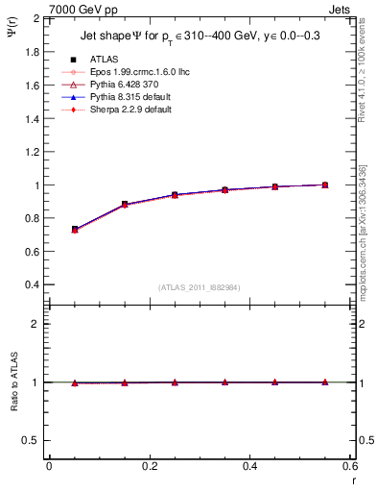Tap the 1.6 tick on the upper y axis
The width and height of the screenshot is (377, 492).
(33, 86)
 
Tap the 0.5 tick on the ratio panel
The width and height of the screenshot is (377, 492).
(33, 440)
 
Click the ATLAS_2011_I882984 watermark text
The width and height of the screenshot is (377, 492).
(200, 287)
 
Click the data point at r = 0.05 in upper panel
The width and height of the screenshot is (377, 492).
(75, 230)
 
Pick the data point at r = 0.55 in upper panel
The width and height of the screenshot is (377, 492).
(325, 184)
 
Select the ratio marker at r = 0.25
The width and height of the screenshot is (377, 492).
(175, 382)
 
